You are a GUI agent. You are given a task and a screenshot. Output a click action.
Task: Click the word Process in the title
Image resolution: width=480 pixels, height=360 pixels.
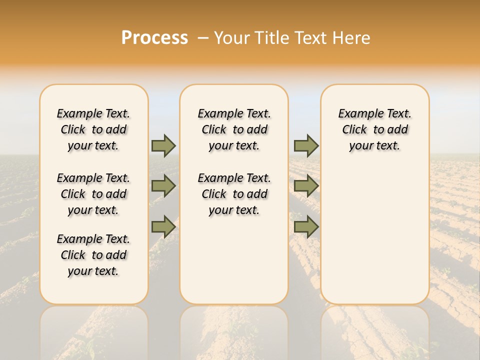click(x=154, y=37)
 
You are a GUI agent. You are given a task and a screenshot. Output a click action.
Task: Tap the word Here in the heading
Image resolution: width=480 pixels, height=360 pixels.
click(x=351, y=37)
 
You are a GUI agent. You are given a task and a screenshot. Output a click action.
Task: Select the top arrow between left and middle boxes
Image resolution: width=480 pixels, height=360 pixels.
click(x=163, y=145)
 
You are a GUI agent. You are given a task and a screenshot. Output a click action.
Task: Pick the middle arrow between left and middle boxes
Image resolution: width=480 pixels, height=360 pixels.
click(x=163, y=186)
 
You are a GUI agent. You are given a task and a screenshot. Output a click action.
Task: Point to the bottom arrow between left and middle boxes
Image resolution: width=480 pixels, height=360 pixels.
click(x=163, y=227)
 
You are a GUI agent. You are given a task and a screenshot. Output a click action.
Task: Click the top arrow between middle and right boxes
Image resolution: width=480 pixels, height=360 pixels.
click(x=306, y=145)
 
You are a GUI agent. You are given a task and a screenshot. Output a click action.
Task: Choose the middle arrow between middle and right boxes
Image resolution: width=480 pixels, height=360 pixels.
click(x=306, y=186)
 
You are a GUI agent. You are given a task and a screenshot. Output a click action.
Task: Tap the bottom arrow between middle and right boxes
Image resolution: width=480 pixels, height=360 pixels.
click(x=306, y=227)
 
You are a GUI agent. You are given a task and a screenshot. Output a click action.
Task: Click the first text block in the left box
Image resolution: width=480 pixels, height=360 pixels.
click(x=93, y=129)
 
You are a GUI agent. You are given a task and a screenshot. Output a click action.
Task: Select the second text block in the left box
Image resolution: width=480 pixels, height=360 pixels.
click(x=93, y=194)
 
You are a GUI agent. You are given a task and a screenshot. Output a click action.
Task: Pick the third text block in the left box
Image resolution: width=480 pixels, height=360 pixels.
click(x=93, y=255)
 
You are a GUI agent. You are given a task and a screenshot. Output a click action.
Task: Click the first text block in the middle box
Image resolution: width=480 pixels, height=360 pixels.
click(x=234, y=129)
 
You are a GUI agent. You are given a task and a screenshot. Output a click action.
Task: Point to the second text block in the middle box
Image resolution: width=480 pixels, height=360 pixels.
click(x=234, y=194)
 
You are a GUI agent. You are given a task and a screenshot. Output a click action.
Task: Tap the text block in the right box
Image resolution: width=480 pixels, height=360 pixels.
click(x=375, y=129)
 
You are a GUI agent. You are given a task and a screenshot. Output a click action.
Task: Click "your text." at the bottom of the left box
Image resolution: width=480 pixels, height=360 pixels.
click(x=93, y=271)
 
